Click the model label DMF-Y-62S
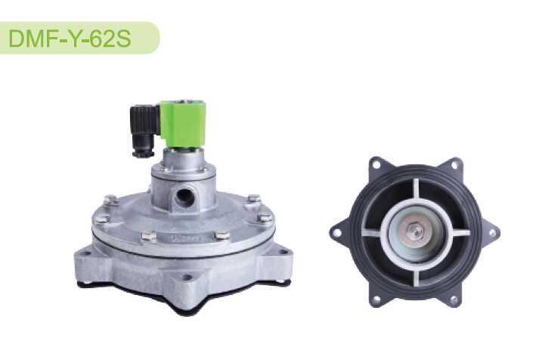[70, 38]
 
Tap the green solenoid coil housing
[183, 123]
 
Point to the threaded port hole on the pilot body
[184, 197]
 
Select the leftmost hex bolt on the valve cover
[102, 219]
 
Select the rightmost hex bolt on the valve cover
[265, 217]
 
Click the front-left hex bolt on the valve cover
[149, 236]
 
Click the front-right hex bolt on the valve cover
[221, 234]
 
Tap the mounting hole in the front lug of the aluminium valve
[187, 278]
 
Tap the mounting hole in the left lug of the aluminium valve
[86, 253]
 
